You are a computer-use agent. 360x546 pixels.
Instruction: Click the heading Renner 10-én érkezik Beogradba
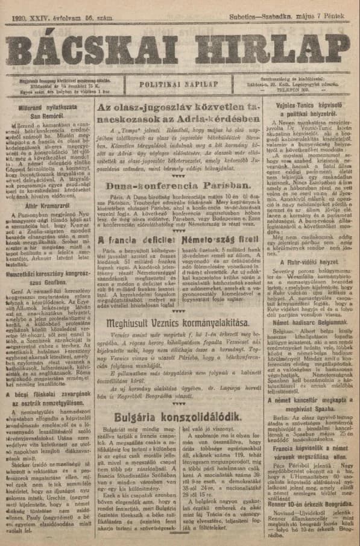tap(312, 501)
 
